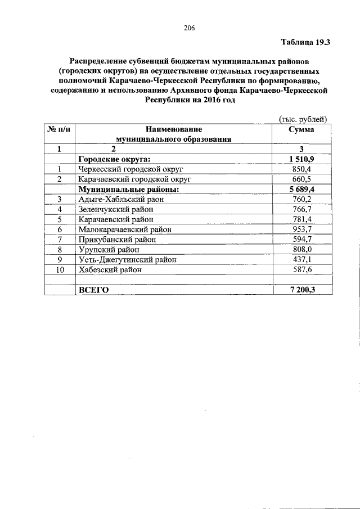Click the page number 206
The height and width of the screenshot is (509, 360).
coord(189,28)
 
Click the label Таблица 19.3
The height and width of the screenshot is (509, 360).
coord(305,42)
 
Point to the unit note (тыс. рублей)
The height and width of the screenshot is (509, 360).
coord(303,118)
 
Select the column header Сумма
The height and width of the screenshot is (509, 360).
coord(301,129)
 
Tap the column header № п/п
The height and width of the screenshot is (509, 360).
coord(59,129)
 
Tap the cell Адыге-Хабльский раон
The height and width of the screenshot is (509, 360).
coord(118,199)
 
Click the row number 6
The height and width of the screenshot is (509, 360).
coord(59,229)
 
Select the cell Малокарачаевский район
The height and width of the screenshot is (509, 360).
coord(125,229)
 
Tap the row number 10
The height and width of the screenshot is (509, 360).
coord(59,269)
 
